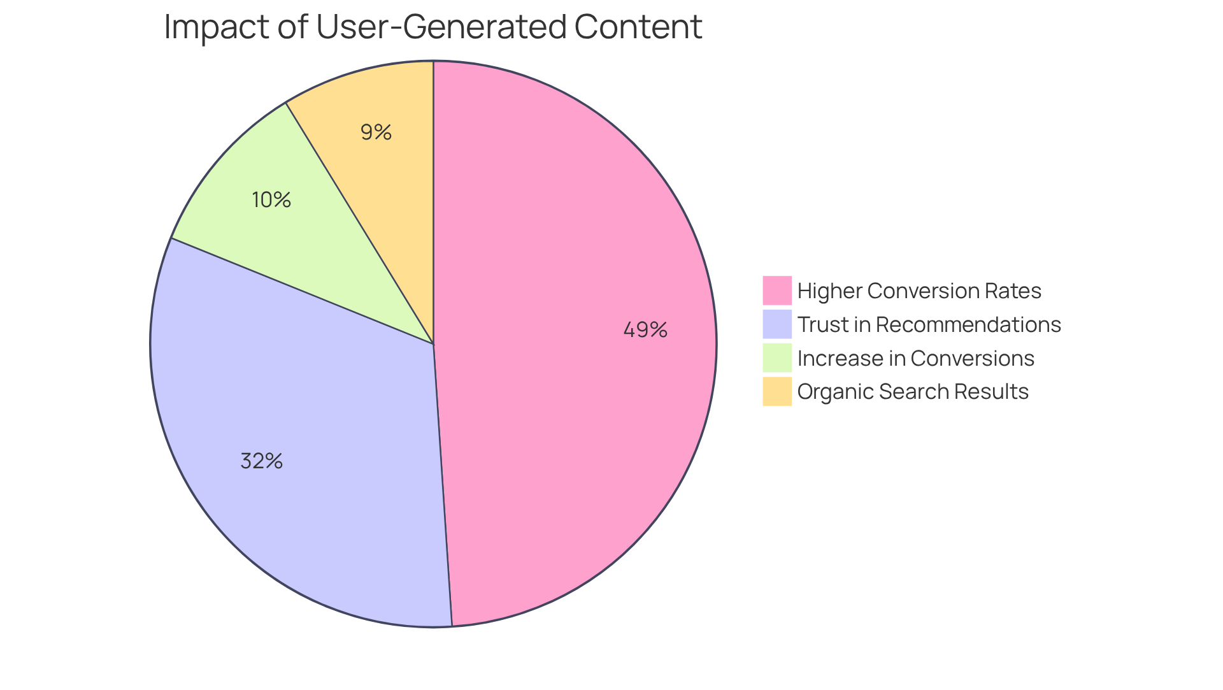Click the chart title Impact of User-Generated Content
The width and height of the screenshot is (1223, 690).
click(x=433, y=27)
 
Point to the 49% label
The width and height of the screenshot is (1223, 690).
click(x=645, y=330)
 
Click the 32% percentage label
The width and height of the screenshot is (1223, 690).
click(x=261, y=461)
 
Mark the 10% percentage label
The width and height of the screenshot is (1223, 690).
click(x=271, y=200)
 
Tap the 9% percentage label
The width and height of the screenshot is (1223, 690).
click(x=376, y=133)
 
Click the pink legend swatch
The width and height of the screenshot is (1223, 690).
click(x=776, y=291)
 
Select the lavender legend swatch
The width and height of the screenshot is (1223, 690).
click(x=776, y=324)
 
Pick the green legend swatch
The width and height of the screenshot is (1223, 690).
click(x=776, y=357)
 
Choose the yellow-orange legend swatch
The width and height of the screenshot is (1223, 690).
click(x=776, y=391)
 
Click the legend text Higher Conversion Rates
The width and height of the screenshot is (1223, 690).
click(x=919, y=291)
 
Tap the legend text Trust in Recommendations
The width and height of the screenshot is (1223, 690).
click(x=929, y=325)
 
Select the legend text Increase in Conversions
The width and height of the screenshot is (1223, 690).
click(x=915, y=359)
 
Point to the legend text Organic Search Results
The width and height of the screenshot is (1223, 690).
click(x=913, y=392)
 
